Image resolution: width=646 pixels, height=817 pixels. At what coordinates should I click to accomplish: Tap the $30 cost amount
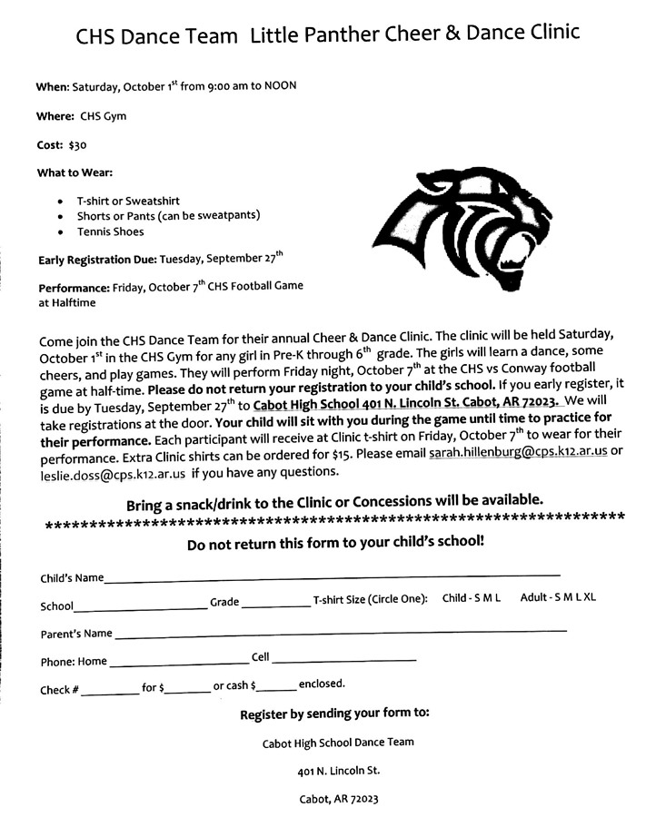[x=77, y=144]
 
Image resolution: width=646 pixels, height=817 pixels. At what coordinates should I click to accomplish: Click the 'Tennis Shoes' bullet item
[x=110, y=231]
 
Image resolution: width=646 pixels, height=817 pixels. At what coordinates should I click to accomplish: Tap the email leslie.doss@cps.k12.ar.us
[x=113, y=473]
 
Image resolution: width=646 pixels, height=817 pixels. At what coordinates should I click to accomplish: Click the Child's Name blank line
[x=332, y=576]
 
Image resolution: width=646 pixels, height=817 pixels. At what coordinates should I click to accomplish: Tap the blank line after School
[x=141, y=606]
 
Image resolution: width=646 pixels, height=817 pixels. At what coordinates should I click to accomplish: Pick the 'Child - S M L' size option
[x=472, y=599]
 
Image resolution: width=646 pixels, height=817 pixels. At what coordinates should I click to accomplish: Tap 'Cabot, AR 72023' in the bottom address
[x=338, y=800]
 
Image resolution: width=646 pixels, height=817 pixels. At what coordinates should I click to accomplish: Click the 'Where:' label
[x=55, y=116]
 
